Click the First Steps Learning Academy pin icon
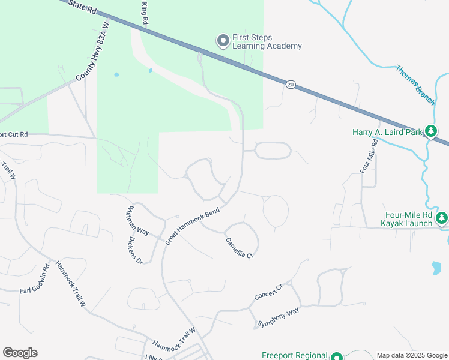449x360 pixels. point(223,41)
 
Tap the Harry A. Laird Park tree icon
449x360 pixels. point(430,131)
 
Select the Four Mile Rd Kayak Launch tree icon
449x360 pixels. point(442,217)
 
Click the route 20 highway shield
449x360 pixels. point(291,84)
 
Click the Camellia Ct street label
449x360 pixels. point(239,248)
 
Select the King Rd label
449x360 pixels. point(145,13)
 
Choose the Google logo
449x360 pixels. point(20,353)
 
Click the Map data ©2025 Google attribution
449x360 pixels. point(412,355)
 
